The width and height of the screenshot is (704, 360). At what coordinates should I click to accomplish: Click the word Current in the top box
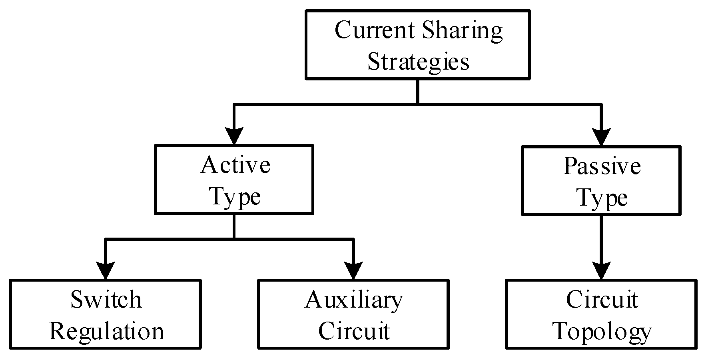[x=374, y=30]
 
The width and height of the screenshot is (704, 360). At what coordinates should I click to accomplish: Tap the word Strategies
[x=418, y=62]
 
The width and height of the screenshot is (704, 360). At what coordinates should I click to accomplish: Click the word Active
[x=235, y=165]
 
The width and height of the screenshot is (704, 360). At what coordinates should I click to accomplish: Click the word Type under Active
[x=235, y=197]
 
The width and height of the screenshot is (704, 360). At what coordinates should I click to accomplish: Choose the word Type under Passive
[x=602, y=198]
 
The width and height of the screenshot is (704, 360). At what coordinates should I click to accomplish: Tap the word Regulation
[x=106, y=331]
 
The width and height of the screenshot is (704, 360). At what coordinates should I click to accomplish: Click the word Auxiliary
[x=353, y=300]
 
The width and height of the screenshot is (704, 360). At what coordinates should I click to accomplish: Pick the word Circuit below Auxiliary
[x=354, y=331]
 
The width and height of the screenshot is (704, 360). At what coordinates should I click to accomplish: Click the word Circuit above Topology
[x=602, y=300]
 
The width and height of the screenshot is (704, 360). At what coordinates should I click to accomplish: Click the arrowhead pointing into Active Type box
[x=234, y=136]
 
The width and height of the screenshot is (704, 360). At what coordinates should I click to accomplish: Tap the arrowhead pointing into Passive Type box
[x=601, y=137]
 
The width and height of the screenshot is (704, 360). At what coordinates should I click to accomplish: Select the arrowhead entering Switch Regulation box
[x=106, y=270]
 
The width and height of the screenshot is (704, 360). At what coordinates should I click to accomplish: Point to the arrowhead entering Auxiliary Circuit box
[x=353, y=270]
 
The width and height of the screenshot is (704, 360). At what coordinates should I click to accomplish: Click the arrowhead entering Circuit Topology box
[x=601, y=270]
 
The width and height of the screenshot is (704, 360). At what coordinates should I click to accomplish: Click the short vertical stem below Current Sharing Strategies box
[x=418, y=92]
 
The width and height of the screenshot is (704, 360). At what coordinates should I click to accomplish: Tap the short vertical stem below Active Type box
[x=234, y=227]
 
